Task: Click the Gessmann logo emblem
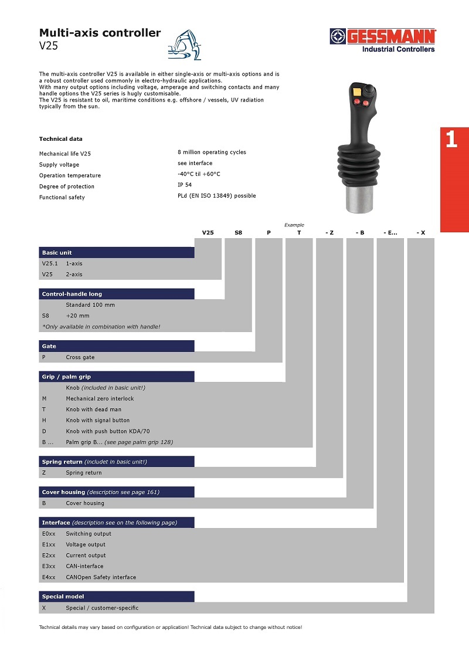338,37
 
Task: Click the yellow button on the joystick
356,91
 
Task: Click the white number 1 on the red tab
451,140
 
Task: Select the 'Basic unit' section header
57,253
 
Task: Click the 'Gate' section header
49,346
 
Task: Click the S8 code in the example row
238,233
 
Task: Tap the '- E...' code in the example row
390,233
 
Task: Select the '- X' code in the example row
421,233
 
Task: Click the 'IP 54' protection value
185,185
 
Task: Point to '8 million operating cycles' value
212,152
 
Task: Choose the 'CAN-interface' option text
84,566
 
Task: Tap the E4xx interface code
49,577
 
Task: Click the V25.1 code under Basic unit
49,264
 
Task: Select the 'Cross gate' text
80,357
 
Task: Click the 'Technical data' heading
61,139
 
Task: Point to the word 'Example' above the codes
294,225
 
